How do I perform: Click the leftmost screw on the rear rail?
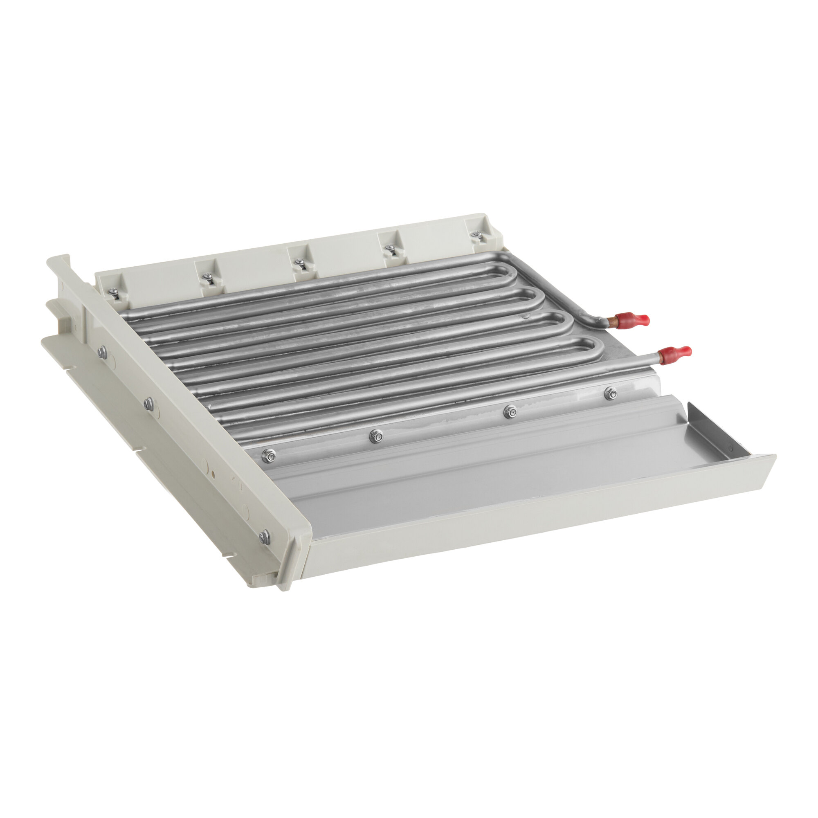pyautogui.click(x=113, y=292)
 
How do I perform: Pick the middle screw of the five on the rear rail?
pyautogui.click(x=299, y=263)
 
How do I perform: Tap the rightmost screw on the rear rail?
pyautogui.click(x=477, y=234)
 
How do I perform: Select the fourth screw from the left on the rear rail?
pyautogui.click(x=389, y=249)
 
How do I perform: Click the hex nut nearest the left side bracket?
pyautogui.click(x=268, y=456)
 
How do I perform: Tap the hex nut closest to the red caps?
pyautogui.click(x=610, y=393)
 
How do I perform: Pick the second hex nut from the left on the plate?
pyautogui.click(x=376, y=436)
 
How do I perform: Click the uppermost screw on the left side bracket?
pyautogui.click(x=102, y=352)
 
